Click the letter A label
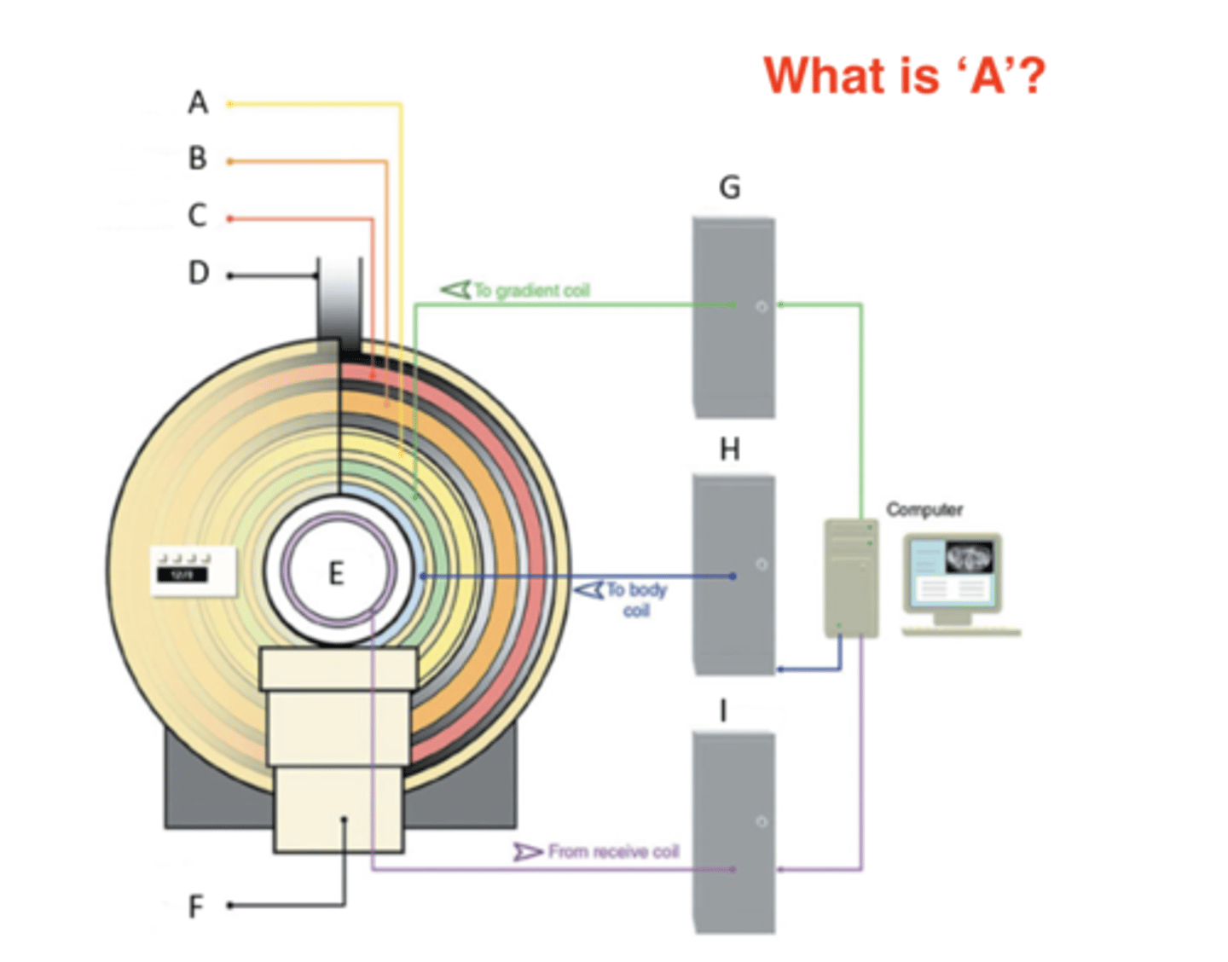tap(198, 103)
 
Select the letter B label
tap(198, 159)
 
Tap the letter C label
tap(198, 215)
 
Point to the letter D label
tap(199, 273)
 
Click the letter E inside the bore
tap(337, 573)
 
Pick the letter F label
tap(196, 906)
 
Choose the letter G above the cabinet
tap(730, 188)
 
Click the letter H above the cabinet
tap(730, 449)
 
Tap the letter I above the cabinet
tap(724, 710)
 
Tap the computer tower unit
tap(851, 578)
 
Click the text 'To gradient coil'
tap(531, 291)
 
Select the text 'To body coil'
tap(636, 600)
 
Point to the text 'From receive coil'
tap(613, 851)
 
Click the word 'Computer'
tap(924, 510)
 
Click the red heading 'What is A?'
tap(904, 76)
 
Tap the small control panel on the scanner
tap(194, 571)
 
